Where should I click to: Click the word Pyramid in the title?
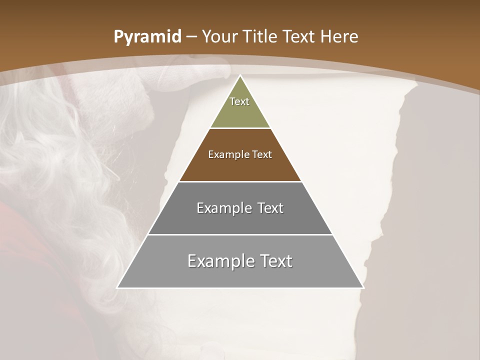pos(147,37)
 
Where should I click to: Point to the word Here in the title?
pos(339,37)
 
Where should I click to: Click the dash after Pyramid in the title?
pos(190,37)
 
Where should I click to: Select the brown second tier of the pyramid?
pos(240,167)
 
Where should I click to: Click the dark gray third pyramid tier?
pos(240,220)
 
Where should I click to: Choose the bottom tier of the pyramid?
pos(240,275)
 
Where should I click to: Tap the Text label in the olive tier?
pos(239,101)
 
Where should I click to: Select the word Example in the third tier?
pos(222,208)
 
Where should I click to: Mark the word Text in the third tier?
pos(270,208)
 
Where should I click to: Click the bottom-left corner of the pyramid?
pos(118,287)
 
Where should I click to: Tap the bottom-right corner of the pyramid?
pos(362,287)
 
